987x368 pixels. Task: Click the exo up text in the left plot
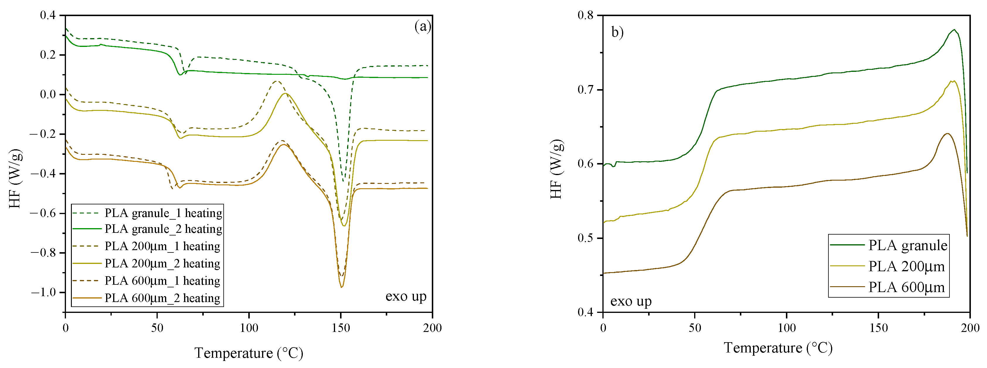406,296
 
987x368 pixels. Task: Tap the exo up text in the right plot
631,301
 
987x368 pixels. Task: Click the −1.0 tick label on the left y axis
43,292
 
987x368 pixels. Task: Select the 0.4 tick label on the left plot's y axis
48,15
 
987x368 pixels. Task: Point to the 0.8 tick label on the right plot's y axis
585,15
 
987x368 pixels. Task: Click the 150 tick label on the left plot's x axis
341,328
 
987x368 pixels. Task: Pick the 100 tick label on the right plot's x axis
786,328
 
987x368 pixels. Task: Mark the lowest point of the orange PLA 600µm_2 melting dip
342,287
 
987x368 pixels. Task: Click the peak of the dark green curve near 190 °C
954,30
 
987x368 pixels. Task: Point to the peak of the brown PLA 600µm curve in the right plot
947,133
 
